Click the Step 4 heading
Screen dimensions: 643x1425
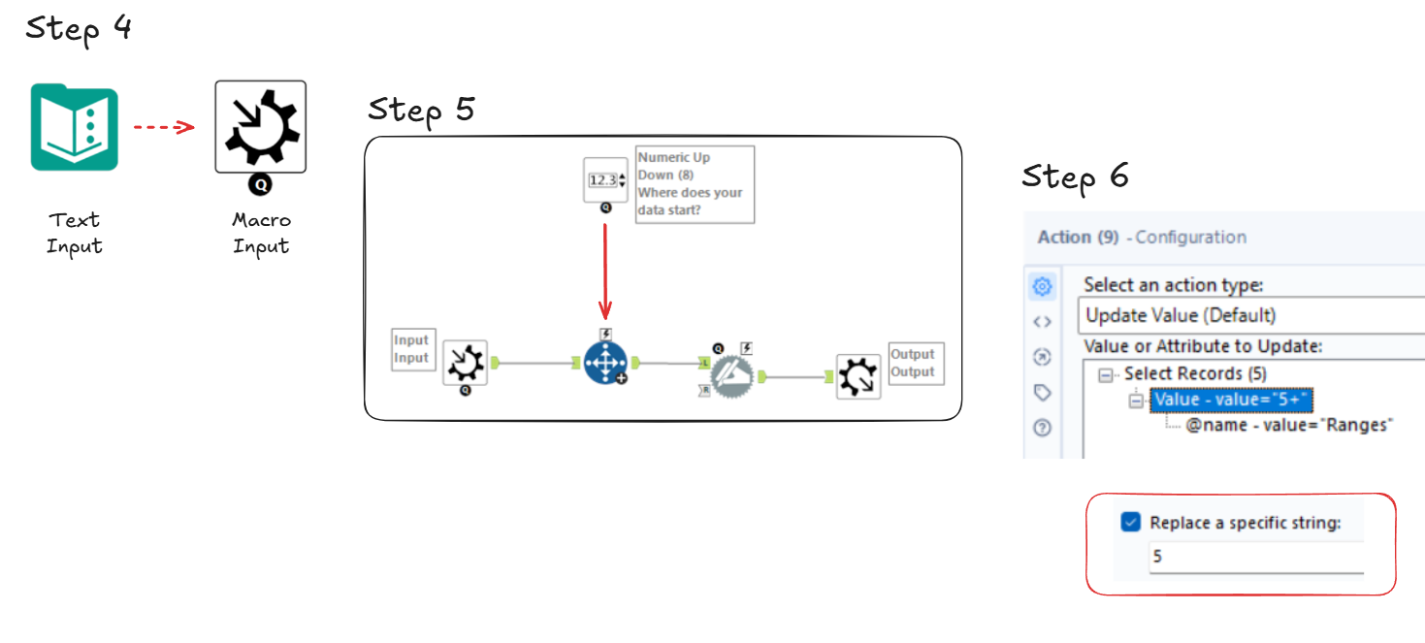click(78, 28)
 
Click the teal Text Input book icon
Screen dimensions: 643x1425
click(74, 127)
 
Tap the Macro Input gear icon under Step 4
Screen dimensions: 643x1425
click(260, 127)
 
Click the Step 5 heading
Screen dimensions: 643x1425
click(421, 110)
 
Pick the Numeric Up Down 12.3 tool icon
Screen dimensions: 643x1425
click(605, 180)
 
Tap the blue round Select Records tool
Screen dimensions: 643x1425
click(605, 364)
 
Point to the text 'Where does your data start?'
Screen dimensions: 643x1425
click(690, 201)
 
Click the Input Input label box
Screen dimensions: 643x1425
click(411, 349)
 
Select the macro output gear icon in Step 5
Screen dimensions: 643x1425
click(858, 376)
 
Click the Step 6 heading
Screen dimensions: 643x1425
click(1075, 177)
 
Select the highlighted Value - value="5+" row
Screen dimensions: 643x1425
click(1232, 400)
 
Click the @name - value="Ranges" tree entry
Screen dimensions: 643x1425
click(1288, 425)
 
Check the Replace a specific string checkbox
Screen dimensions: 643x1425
click(1130, 523)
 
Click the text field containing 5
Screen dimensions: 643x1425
click(1255, 558)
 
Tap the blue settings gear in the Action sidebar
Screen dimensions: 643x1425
click(1043, 286)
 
